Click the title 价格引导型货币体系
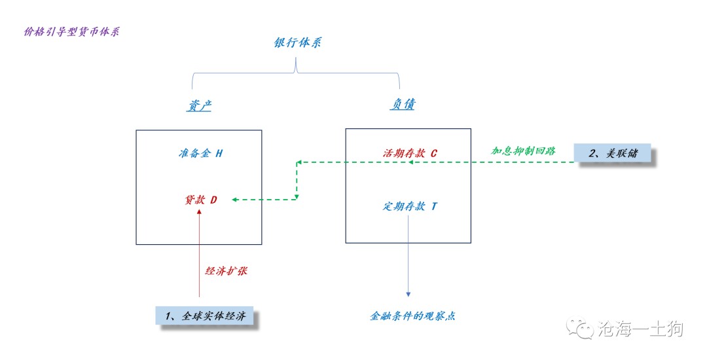pos(71,31)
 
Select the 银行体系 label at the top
pos(297,43)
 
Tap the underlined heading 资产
pos(198,105)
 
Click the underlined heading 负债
pos(403,104)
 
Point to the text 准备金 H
pos(200,153)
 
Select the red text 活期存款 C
pos(410,153)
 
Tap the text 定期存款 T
pos(410,206)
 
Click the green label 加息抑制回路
pos(524,150)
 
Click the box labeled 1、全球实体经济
pos(206,317)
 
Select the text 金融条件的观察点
pos(412,315)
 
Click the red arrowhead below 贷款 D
pos(199,213)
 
